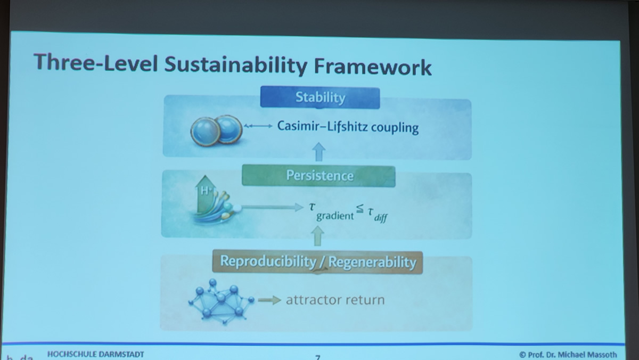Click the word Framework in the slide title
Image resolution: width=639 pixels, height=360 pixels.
[373, 67]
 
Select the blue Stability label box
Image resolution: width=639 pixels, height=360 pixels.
[320, 97]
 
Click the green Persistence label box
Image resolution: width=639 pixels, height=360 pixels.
[318, 175]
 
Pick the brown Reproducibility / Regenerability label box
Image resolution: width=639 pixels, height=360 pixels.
[317, 262]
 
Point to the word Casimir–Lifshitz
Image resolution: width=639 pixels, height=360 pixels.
[322, 126]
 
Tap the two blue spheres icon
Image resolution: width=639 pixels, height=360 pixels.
[216, 130]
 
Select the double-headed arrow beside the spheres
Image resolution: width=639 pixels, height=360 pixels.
[258, 126]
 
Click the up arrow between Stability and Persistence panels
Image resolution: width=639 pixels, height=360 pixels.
[319, 151]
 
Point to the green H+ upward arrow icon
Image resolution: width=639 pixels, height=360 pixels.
[205, 194]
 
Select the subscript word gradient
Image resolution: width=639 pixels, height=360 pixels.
[335, 216]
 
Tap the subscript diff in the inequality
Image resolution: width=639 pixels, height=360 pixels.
[381, 218]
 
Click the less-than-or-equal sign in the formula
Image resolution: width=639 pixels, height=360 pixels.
[360, 209]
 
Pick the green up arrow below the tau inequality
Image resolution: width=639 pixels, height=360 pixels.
[317, 236]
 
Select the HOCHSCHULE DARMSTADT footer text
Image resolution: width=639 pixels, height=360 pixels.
[95, 354]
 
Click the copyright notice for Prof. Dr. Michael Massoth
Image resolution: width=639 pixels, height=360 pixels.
[568, 355]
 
